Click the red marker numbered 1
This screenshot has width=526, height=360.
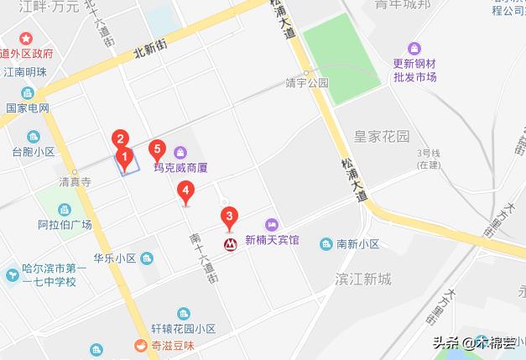click(x=124, y=156)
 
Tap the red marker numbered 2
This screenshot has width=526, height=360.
click(x=121, y=139)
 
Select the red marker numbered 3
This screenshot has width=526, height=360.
click(x=228, y=217)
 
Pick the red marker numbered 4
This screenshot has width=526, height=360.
click(x=185, y=192)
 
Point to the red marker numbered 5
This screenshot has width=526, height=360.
click(x=155, y=150)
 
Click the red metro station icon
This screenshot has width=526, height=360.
click(x=228, y=244)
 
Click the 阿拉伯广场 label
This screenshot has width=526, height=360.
click(x=65, y=224)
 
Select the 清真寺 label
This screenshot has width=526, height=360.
click(x=75, y=181)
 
